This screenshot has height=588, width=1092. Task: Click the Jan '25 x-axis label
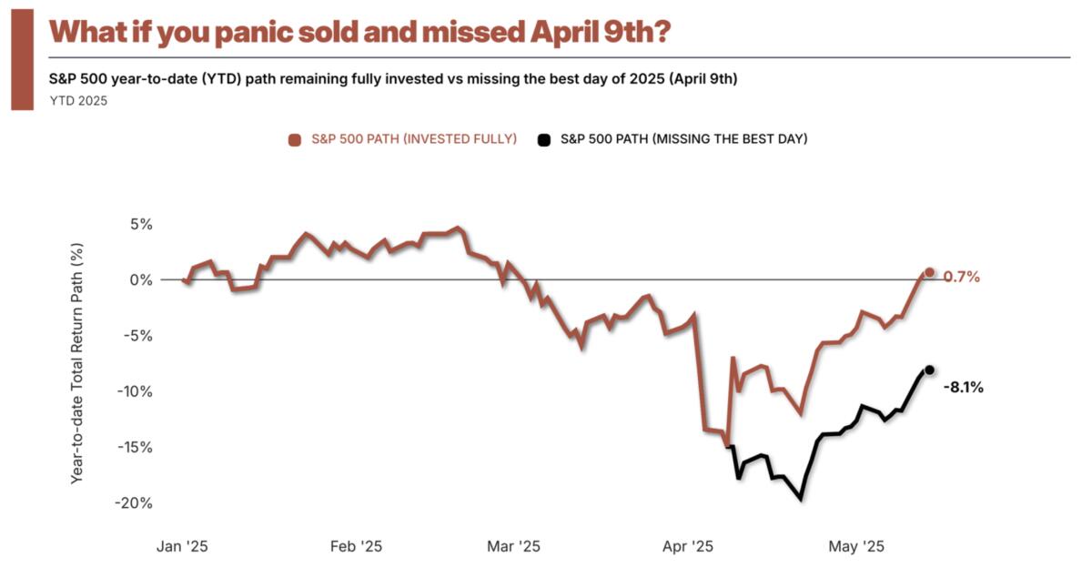coord(183,546)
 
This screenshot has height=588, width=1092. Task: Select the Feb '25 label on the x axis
coord(357,546)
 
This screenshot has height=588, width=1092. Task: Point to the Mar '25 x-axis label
coord(514,546)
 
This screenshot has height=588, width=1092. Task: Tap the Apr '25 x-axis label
coord(688,546)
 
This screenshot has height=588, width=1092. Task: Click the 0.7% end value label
coord(961,277)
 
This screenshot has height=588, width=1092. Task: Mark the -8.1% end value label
coord(963,387)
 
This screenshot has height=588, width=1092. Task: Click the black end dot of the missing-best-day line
coord(929,370)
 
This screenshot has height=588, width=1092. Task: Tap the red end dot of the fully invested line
coord(929,272)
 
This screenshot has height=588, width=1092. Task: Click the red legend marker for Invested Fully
coord(294,139)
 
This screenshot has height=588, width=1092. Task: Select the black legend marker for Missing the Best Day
coord(544,139)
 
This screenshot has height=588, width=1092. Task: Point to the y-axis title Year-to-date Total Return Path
coord(77,362)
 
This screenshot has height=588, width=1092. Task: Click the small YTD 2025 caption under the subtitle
coord(78,101)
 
